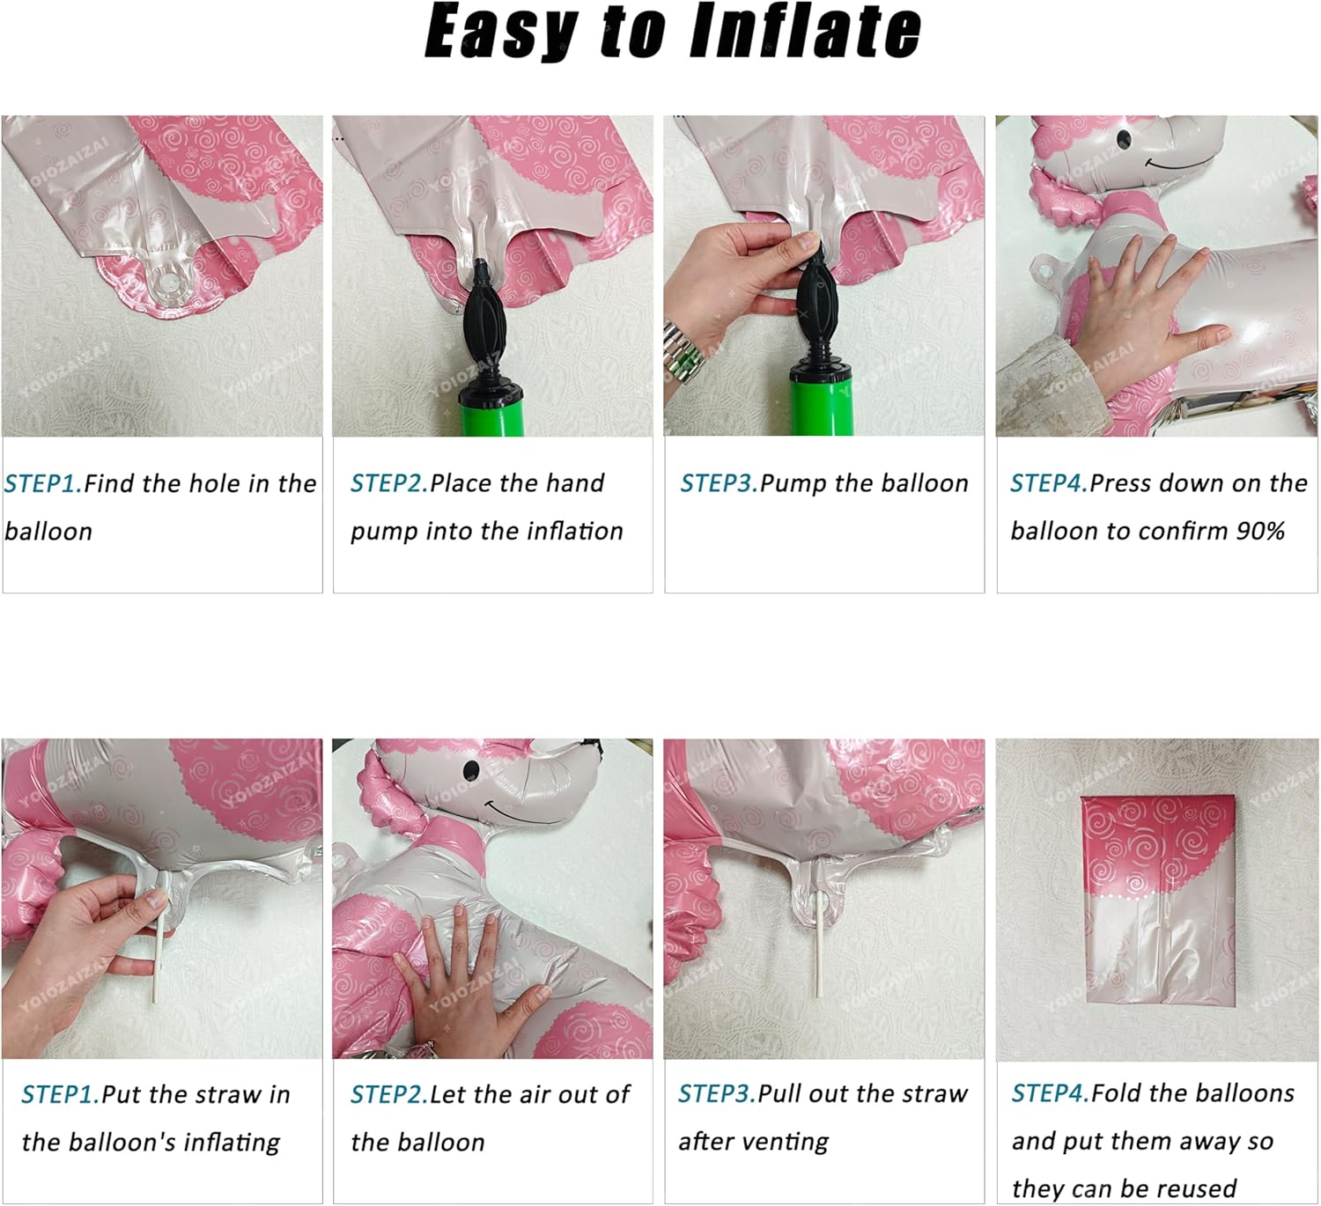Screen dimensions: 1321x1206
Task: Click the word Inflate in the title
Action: point(805,31)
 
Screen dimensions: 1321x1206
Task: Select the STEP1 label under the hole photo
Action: point(43,484)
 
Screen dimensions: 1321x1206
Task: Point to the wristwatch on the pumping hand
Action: point(683,354)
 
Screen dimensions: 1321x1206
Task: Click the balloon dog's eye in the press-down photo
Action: point(1124,138)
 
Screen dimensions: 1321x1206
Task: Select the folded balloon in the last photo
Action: point(1158,901)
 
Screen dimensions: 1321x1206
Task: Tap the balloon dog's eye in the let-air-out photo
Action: point(471,768)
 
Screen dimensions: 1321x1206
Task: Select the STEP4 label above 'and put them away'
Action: point(1051,1093)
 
